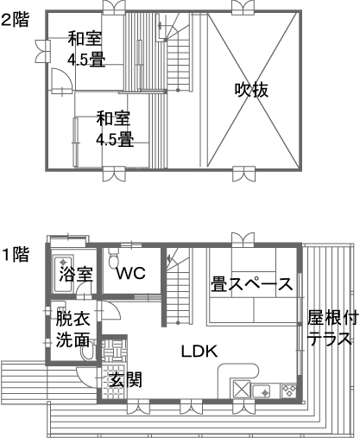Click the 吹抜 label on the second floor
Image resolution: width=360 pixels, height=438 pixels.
tap(251, 90)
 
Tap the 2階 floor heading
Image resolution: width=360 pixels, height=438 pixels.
tap(15, 20)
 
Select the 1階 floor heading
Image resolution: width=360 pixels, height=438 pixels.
tap(16, 254)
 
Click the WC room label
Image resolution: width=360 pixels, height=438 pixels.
tap(131, 273)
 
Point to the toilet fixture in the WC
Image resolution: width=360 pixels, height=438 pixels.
tap(114, 257)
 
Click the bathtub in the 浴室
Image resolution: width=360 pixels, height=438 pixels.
tap(63, 274)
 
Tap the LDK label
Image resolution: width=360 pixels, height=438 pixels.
tap(199, 351)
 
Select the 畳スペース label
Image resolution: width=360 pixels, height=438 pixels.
tap(252, 283)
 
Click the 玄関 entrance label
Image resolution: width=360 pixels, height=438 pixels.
tap(126, 380)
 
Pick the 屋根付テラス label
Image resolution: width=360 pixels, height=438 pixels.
tap(332, 328)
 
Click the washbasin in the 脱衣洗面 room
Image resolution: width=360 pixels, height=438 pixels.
tap(87, 350)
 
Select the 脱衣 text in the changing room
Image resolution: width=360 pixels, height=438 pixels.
tap(73, 318)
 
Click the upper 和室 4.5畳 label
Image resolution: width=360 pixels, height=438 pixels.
tap(85, 49)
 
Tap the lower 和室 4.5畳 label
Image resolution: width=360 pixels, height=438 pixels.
tap(114, 129)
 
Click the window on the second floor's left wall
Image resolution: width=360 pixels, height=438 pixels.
tap(43, 51)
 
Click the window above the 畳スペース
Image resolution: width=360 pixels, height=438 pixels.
tap(243, 240)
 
